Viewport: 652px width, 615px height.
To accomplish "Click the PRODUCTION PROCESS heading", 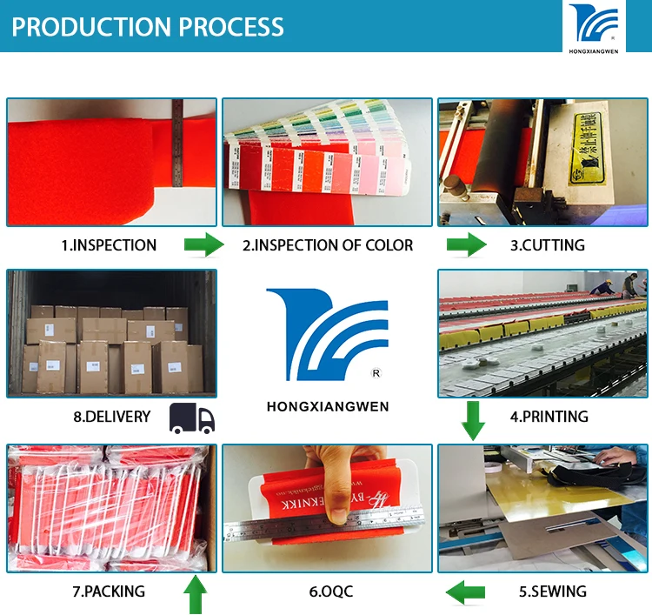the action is (148, 26).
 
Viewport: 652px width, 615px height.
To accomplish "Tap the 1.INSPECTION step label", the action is (109, 245).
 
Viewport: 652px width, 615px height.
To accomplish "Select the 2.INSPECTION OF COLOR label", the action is (328, 245).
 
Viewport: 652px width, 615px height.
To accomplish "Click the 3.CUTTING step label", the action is (547, 245).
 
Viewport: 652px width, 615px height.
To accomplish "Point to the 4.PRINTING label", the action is (549, 416).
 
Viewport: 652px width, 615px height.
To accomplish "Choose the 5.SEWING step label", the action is (553, 592).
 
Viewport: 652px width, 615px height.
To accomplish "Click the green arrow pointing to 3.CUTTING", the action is (467, 244).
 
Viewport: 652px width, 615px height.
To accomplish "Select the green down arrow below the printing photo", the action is (473, 419).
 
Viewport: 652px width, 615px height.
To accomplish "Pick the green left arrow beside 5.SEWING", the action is (465, 592).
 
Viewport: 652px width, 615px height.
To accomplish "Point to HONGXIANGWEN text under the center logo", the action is (328, 406).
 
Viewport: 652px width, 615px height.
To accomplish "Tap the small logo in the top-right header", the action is (594, 26).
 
